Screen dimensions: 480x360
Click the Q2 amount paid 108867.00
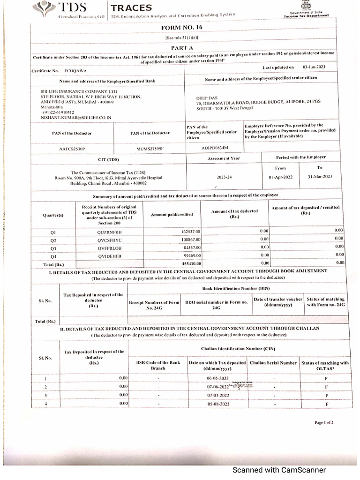pyautogui.click(x=189, y=240)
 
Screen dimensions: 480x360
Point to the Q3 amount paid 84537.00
pyautogui.click(x=190, y=247)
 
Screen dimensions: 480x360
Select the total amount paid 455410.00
pyautogui.click(x=189, y=263)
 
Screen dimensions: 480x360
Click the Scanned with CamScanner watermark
pyautogui.click(x=280, y=470)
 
